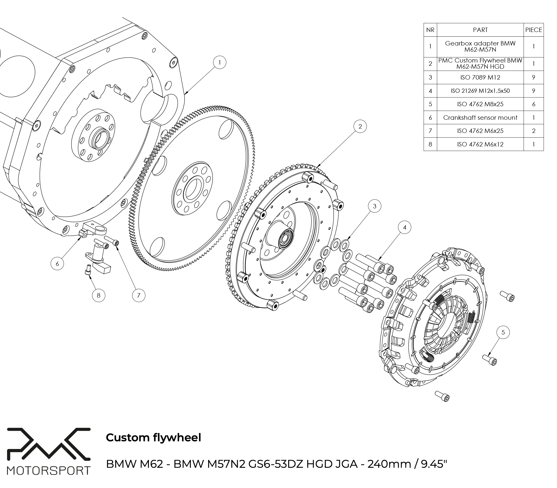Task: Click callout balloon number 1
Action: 220,63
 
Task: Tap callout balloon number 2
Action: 360,126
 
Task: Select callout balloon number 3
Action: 374,206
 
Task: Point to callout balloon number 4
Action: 405,227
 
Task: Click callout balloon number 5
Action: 503,332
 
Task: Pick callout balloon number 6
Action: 57,264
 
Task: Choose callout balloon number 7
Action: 139,295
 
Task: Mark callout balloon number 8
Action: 99,295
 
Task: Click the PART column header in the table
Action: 480,30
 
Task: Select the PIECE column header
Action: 534,30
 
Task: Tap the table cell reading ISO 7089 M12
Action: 480,77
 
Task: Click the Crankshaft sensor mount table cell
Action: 480,118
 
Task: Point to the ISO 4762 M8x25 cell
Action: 480,104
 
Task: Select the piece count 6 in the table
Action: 534,104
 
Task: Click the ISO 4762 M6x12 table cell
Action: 480,144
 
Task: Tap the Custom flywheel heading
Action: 153,438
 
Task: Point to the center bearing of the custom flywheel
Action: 284,237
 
